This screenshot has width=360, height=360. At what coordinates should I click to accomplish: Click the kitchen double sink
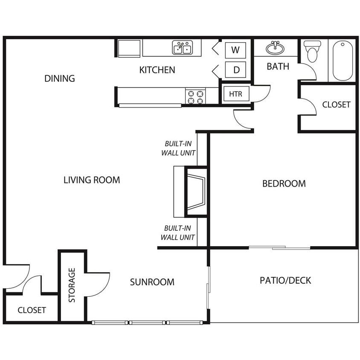183,47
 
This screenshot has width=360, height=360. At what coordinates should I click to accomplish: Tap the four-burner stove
196,96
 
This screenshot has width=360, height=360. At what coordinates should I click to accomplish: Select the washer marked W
235,50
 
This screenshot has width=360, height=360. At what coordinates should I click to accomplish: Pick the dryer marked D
235,70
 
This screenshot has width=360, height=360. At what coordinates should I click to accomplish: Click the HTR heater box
236,94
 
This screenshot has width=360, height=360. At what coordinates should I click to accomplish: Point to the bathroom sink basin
275,48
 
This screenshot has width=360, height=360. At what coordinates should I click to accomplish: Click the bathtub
343,61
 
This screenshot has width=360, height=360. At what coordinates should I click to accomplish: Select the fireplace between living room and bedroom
196,192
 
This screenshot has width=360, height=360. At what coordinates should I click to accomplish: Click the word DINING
60,78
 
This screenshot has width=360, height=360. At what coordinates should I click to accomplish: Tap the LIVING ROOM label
92,180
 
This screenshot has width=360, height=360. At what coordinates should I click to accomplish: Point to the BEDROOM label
284,184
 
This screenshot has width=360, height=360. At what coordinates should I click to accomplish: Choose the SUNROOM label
152,282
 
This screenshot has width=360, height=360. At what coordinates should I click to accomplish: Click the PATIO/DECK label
285,281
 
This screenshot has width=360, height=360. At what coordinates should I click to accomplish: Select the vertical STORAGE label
72,285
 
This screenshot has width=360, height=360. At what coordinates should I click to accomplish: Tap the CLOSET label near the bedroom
337,105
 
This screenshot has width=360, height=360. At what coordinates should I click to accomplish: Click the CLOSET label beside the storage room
32,310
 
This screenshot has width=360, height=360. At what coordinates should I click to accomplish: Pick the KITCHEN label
157,70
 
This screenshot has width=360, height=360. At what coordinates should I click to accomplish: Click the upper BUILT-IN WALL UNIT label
178,148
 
